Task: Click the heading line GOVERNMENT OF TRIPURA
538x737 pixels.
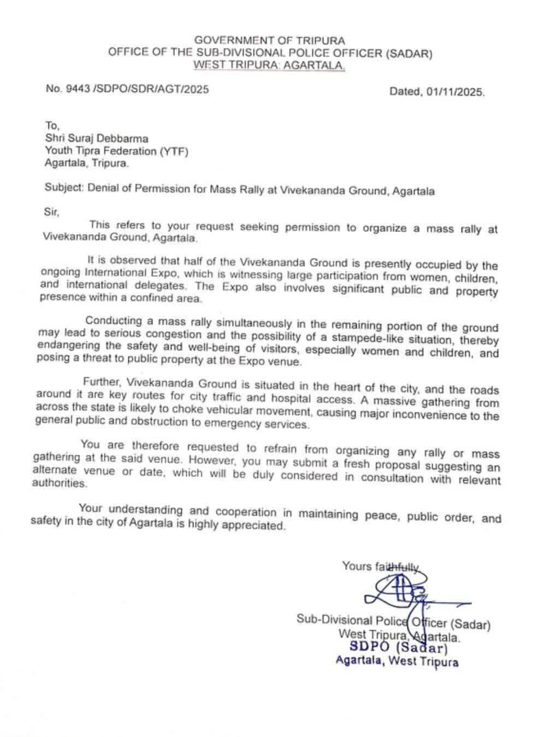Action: pos(270,40)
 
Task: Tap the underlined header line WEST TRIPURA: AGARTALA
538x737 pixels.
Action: pos(270,66)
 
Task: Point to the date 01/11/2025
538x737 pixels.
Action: pos(451,92)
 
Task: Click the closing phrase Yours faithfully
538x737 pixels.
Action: pos(381,566)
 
